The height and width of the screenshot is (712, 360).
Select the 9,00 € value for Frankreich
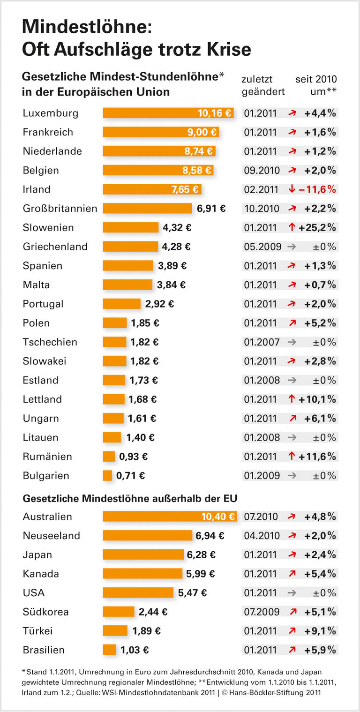(202, 132)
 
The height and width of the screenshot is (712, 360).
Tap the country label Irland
(37, 189)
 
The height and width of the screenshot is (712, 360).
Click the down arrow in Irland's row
(292, 189)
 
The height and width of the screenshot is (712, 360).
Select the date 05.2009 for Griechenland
(262, 247)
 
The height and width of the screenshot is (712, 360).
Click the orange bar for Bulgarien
(108, 476)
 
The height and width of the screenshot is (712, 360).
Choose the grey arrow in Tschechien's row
(292, 342)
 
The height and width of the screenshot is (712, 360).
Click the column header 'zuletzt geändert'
(263, 85)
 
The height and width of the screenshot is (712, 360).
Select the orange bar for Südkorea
(119, 612)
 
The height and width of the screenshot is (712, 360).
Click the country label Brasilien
(44, 650)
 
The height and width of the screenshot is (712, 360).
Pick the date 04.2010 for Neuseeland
(261, 536)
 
